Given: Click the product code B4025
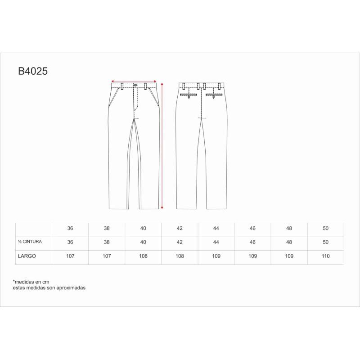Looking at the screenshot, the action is [33, 71].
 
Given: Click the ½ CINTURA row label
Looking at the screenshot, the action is [30, 242].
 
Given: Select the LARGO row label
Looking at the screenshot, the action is [27, 256].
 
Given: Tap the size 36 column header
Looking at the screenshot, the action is [70, 228].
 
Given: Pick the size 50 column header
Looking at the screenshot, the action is [325, 228].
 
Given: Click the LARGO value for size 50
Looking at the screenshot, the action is [325, 256].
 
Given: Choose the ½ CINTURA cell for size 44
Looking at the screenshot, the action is [216, 242].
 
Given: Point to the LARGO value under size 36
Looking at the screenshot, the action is [70, 256].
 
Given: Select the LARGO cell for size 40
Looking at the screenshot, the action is [143, 256].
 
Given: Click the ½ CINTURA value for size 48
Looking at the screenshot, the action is [289, 242].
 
